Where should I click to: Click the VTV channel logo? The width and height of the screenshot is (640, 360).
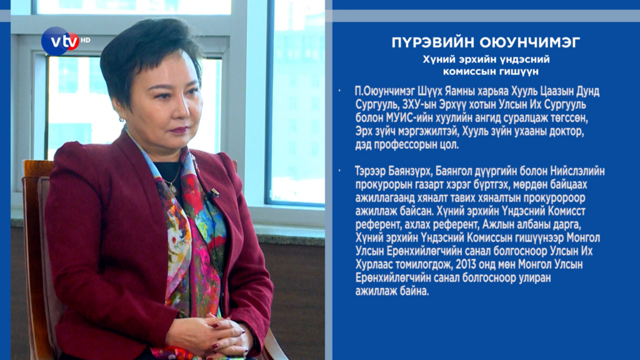[61, 41]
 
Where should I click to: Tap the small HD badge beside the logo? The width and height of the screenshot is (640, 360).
[85, 40]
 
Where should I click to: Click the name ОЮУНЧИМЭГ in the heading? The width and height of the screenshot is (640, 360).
[530, 42]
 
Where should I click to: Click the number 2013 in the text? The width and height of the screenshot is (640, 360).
[466, 264]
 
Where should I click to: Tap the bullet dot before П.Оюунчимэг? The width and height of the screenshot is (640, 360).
[339, 90]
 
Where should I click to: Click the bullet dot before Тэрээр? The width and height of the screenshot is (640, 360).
[339, 170]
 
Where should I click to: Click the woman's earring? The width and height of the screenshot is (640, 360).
[122, 119]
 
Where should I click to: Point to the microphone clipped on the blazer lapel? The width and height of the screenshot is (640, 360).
[214, 192]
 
